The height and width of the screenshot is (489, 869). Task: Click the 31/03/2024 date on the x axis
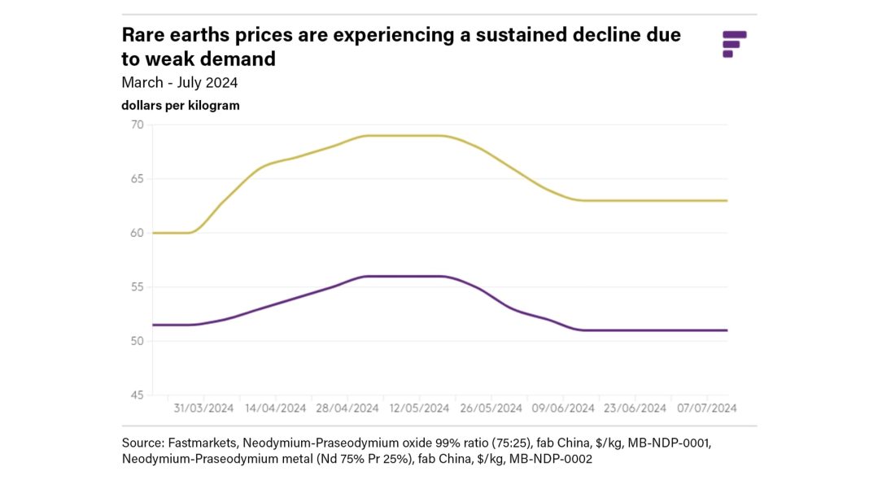[203, 408]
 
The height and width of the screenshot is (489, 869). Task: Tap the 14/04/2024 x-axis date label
[276, 408]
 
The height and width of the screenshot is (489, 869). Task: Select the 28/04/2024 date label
[348, 408]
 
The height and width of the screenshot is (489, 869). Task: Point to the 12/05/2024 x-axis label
[420, 408]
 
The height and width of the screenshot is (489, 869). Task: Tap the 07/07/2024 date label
[707, 408]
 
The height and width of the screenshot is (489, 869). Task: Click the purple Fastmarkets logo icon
[734, 44]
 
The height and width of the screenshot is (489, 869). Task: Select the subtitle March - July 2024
[179, 82]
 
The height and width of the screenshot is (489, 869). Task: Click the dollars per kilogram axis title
[180, 106]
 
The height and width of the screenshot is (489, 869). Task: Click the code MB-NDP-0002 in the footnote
[552, 460]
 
